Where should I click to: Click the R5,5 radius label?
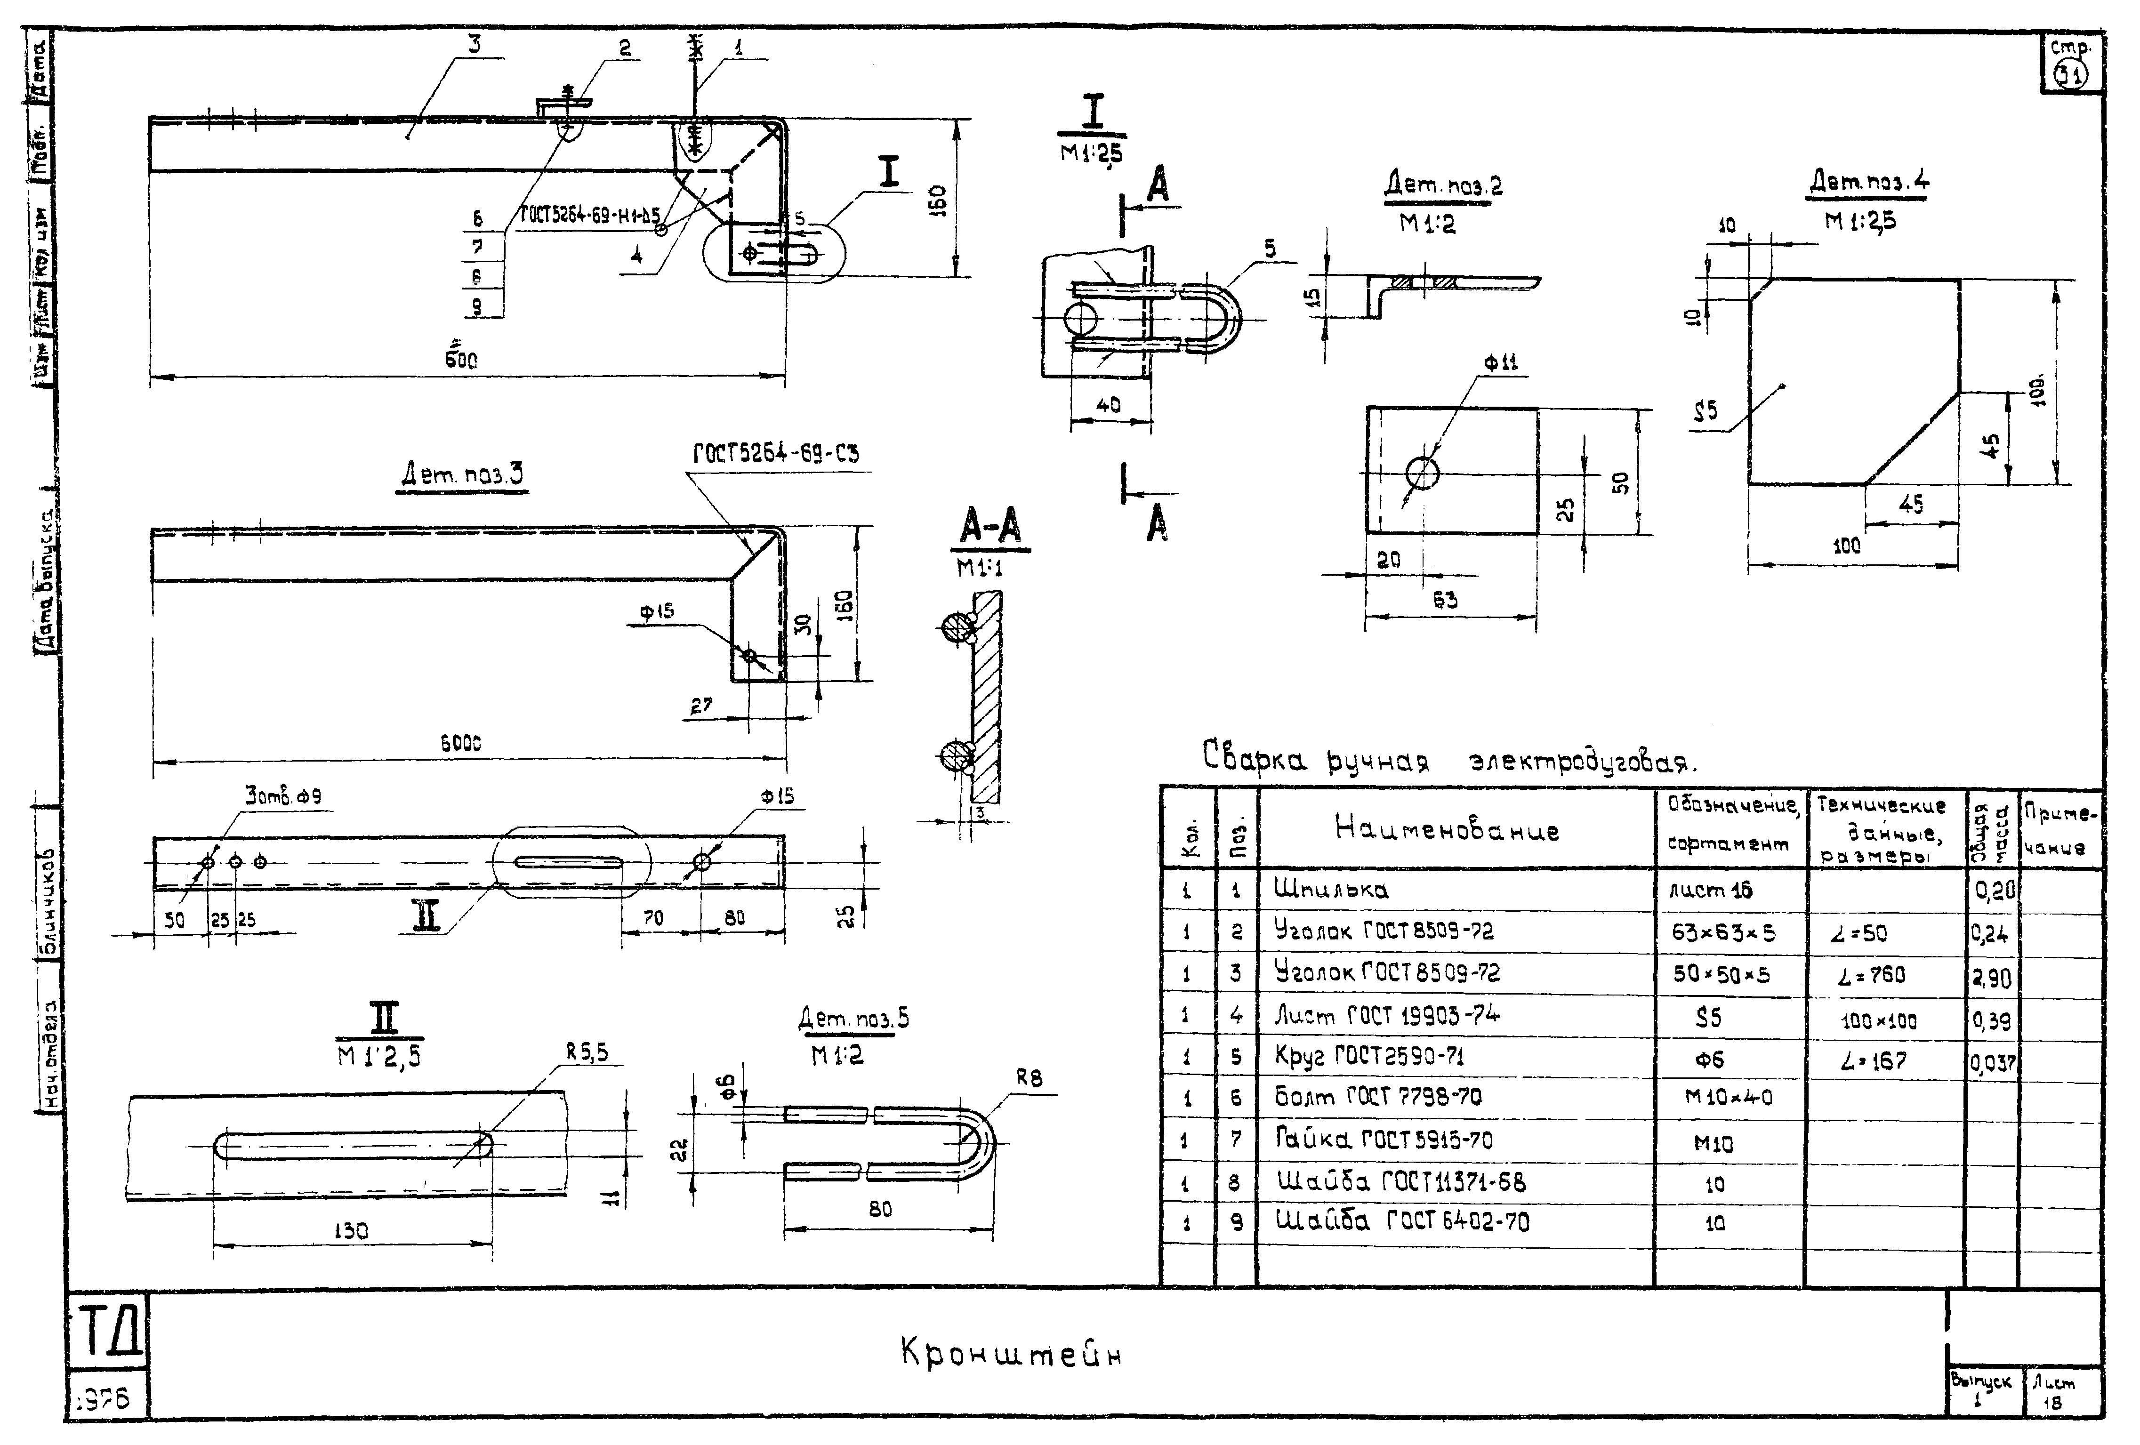(x=587, y=1052)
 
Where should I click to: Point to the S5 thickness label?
(x=1706, y=411)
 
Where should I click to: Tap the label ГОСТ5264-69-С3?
(x=775, y=454)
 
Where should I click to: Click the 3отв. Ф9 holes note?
(x=283, y=795)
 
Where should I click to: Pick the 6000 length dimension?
(x=460, y=742)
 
